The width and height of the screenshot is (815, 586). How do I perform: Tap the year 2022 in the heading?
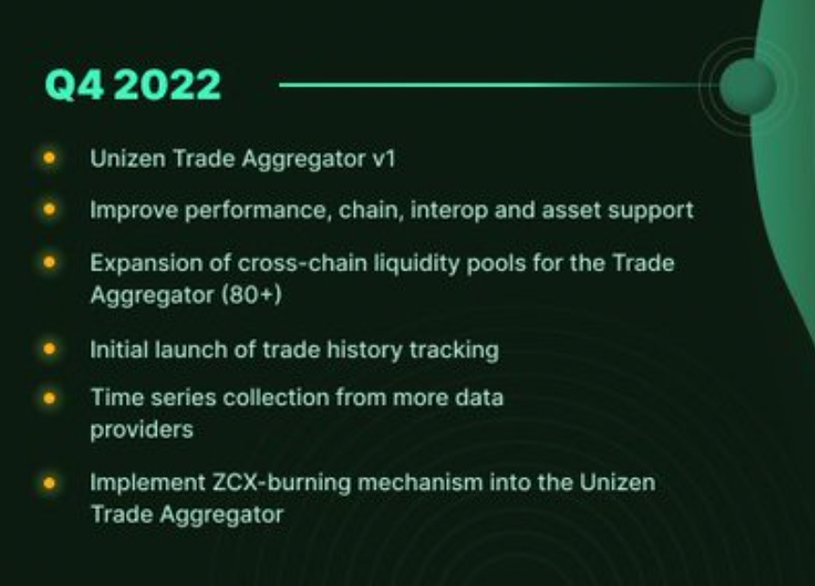pos(168,85)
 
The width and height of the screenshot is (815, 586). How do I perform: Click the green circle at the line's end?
pos(747,85)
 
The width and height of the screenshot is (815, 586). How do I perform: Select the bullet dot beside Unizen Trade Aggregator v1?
pos(50,158)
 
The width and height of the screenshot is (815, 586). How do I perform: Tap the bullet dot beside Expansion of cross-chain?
pos(50,261)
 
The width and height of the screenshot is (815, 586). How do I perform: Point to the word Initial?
pos(118,349)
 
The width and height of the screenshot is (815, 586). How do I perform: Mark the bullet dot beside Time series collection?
pos(50,396)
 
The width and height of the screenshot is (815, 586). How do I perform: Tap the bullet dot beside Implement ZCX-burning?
pos(50,483)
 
